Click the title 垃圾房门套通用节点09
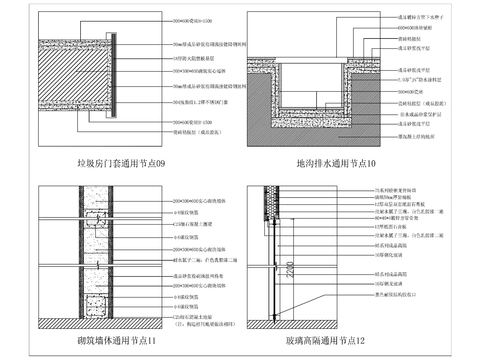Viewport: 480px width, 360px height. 124,161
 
